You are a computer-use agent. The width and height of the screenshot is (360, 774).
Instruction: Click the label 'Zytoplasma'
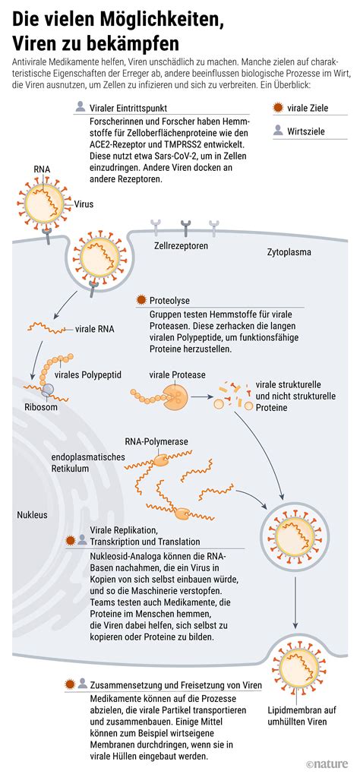289,251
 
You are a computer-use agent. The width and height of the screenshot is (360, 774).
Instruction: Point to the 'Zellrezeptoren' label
181,246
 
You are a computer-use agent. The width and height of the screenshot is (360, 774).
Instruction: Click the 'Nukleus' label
32,514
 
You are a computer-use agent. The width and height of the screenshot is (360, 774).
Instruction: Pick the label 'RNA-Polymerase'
156,441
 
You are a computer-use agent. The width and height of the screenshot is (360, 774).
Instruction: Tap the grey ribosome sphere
48,390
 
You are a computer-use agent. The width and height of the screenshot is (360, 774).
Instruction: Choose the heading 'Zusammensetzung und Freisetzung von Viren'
175,684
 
